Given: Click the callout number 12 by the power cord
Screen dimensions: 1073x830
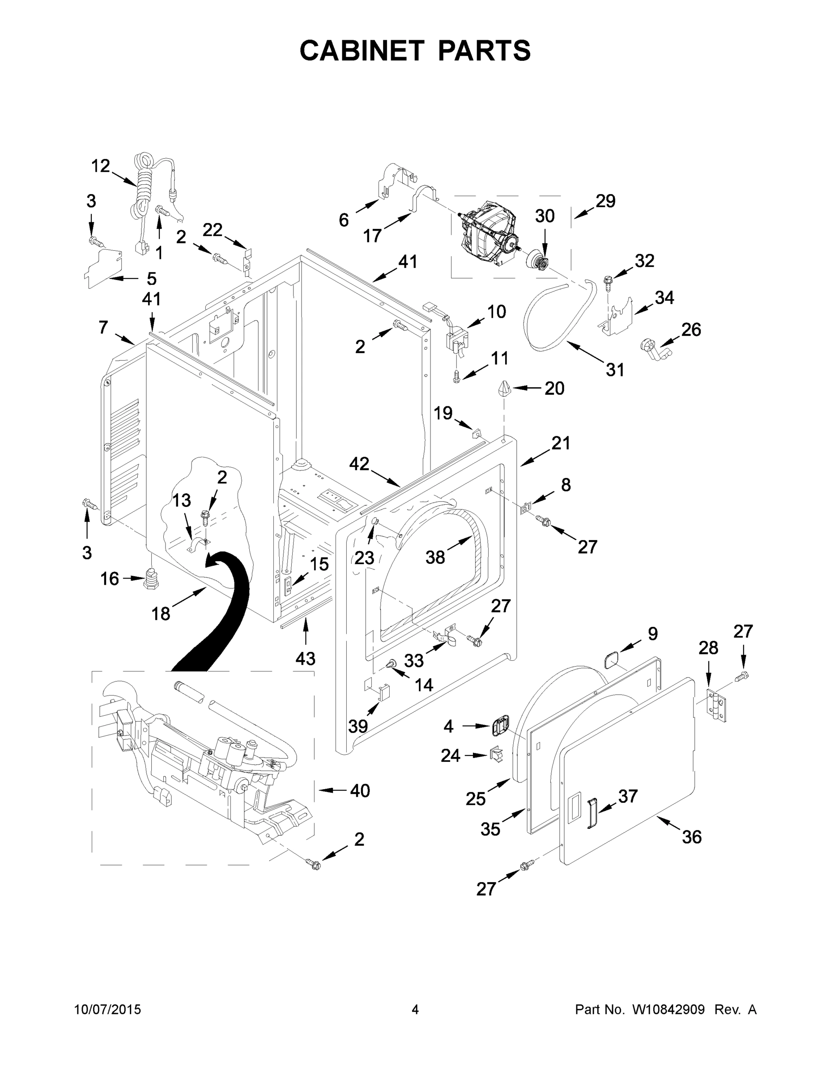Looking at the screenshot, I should click(x=100, y=166).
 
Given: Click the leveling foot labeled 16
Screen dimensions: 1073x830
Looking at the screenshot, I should click(x=151, y=579).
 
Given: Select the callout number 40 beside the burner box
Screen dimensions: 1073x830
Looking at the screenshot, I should click(x=360, y=790).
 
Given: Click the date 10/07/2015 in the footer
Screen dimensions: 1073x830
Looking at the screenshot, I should click(x=108, y=1010).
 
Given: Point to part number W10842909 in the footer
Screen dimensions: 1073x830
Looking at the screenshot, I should click(x=668, y=1010).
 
